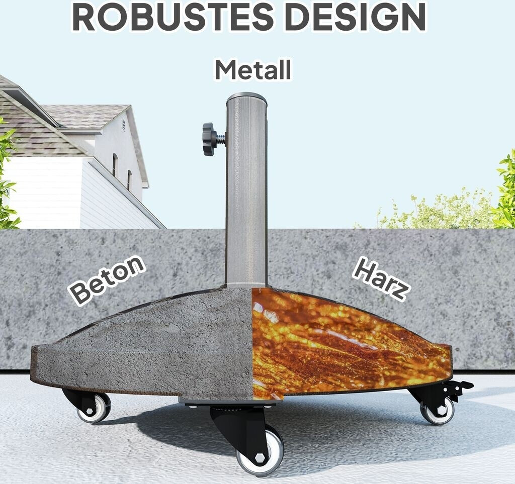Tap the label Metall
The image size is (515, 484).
[253, 70]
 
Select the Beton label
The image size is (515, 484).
[107, 279]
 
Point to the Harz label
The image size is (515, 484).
[381, 278]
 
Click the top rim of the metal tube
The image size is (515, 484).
[246, 96]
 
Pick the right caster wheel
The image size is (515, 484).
[438, 411]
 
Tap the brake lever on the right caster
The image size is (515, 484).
[460, 387]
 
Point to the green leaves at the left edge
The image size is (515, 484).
[6, 176]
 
